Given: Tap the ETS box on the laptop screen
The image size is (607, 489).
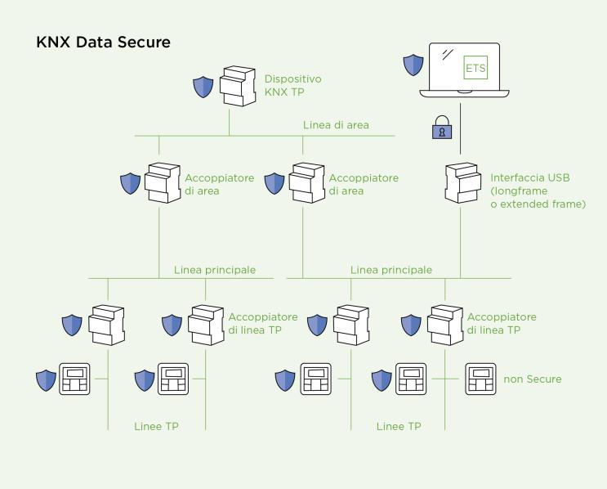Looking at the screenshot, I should point(475,68).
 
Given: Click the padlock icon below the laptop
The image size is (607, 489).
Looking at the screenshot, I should point(440,130).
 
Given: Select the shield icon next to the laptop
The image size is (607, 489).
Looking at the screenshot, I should point(413,63).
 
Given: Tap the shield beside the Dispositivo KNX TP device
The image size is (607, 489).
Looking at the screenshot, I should point(203,87).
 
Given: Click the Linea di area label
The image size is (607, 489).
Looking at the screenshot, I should point(336,125).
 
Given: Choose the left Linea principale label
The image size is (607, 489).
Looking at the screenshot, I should point(215,269).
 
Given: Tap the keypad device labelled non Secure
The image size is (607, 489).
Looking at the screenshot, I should point(481,379).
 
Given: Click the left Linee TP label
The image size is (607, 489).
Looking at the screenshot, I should point(157,426).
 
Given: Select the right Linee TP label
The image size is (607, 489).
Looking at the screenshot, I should point(399,426).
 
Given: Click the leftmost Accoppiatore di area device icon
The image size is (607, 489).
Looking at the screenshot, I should point(162,183).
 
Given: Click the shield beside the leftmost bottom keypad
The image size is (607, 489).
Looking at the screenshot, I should point(46,380).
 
